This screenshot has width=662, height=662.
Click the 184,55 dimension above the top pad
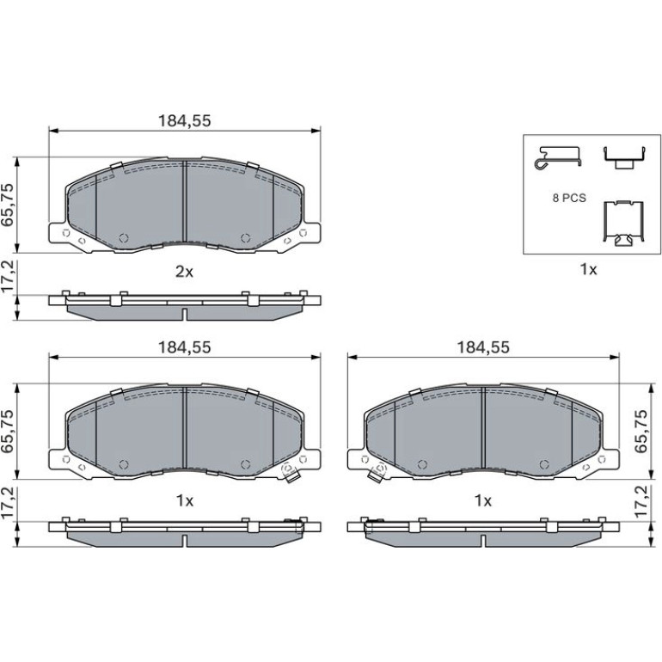[184, 121]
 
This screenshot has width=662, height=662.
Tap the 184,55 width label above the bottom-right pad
[483, 347]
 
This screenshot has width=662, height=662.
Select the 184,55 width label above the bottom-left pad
[184, 347]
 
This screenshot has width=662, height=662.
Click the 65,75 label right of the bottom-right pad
[641, 431]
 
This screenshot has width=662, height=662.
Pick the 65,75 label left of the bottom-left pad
[9, 431]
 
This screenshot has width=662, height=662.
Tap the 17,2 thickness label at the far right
[641, 501]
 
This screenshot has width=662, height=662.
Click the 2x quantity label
[184, 272]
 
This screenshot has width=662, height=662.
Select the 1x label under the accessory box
[589, 269]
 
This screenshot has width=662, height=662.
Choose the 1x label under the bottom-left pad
[185, 500]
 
